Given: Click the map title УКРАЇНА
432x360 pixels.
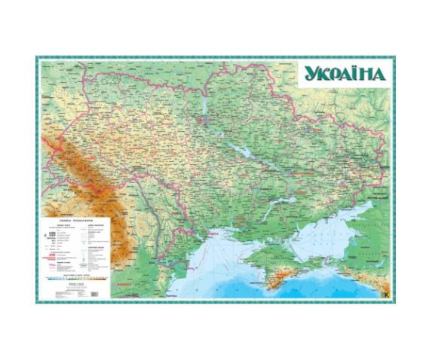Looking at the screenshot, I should (345, 74).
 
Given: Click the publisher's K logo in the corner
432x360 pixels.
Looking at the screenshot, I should (386, 294).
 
